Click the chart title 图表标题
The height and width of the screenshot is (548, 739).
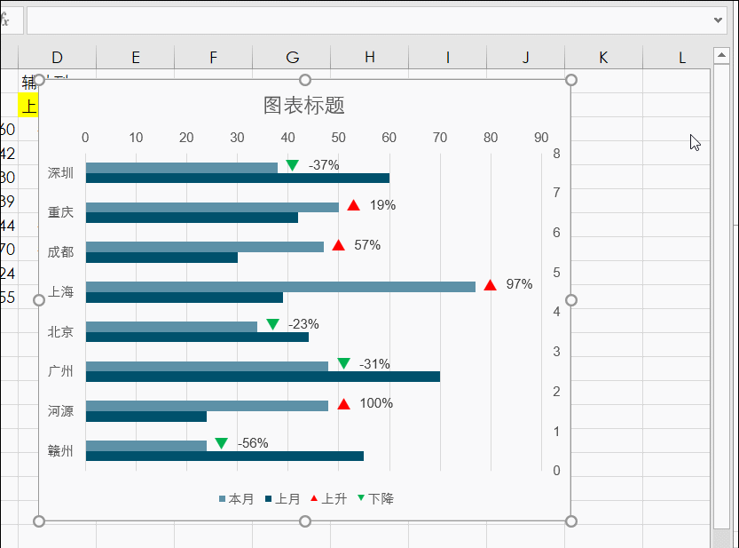point(303,106)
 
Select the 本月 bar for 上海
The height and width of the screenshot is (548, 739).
point(280,287)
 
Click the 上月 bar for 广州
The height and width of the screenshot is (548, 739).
point(263,377)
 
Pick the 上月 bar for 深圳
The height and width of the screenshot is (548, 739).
point(237,178)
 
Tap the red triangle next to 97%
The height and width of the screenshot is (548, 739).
point(490,285)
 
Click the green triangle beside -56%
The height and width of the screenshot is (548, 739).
point(221,443)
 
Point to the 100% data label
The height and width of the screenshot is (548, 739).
point(376,403)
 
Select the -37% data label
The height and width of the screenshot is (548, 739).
point(324,165)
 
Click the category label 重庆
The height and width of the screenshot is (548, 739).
point(61,212)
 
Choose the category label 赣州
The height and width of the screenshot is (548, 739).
point(61,450)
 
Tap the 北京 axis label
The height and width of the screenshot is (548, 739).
point(61,331)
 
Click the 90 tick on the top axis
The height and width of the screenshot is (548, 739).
point(541,138)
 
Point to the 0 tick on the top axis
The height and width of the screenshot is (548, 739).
point(85,138)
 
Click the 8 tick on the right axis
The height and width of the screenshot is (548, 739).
point(556,154)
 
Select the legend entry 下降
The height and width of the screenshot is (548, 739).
point(376,499)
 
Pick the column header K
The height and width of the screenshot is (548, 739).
point(603,58)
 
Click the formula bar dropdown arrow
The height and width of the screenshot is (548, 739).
point(719,20)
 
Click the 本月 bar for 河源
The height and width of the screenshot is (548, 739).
point(207,406)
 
